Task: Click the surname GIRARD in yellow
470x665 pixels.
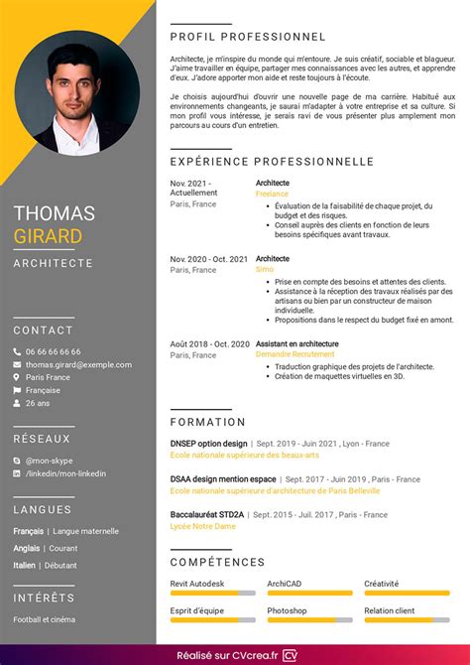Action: point(49,235)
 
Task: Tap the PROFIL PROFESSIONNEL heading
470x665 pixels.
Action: point(248,36)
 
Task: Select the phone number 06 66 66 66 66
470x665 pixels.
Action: point(54,351)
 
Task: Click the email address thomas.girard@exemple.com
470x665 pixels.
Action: point(78,364)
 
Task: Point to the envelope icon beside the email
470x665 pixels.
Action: point(17,364)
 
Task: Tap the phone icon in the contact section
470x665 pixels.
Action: point(17,351)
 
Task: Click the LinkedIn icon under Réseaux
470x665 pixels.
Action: point(17,473)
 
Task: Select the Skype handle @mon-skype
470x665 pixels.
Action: point(50,461)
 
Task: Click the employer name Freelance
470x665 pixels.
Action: point(272,195)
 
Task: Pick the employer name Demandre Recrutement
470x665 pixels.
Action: point(294,354)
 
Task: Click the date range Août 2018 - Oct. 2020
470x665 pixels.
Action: point(209,343)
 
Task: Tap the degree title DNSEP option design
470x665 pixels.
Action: point(208,444)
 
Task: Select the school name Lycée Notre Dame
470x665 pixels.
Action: point(202,525)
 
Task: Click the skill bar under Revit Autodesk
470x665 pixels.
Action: point(212,594)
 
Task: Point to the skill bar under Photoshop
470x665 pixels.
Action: point(309,620)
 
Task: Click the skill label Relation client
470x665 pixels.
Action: point(390,610)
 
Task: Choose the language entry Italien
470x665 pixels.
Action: point(24,565)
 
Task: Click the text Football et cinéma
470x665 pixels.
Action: point(44,619)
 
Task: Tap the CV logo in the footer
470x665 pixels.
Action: point(291,655)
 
